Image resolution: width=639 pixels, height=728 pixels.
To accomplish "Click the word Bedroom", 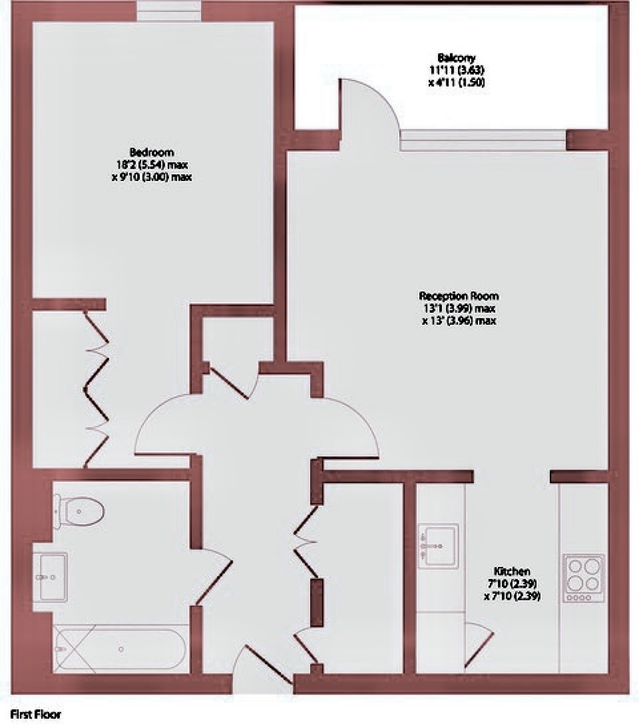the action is [x=152, y=152].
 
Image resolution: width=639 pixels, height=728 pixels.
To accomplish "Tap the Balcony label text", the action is [x=456, y=58].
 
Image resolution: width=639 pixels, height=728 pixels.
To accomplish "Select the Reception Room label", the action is [x=459, y=296].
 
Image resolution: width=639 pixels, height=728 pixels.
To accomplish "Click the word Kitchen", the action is [x=512, y=571].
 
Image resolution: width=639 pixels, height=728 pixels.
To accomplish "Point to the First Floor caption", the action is [x=36, y=714].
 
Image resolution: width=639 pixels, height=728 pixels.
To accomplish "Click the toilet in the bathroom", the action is [x=79, y=511].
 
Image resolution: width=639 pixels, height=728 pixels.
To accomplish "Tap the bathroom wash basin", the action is [x=51, y=577].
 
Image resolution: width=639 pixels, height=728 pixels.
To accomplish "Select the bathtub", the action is [x=120, y=649].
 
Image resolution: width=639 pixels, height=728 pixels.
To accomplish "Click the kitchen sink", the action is [x=438, y=546].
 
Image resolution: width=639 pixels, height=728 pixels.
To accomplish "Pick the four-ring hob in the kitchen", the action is [x=585, y=578].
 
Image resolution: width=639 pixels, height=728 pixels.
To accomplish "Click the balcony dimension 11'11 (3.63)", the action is [x=457, y=71].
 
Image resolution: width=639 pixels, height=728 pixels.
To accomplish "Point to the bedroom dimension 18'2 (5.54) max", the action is [x=152, y=164].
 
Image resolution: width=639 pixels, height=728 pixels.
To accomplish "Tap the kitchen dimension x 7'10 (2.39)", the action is [x=512, y=596].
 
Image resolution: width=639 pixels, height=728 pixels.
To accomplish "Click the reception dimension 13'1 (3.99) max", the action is [x=459, y=308].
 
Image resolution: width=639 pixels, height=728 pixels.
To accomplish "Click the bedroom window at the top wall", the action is [x=169, y=11].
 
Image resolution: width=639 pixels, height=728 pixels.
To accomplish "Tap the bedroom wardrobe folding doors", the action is [x=97, y=389].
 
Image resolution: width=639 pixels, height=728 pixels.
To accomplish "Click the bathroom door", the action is [x=215, y=577].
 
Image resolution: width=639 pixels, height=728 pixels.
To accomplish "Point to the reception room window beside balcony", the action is [x=483, y=140].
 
